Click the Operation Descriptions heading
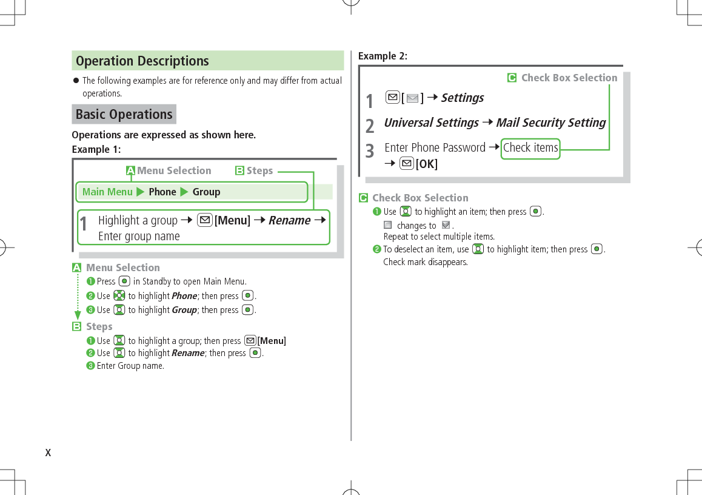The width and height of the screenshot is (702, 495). (142, 61)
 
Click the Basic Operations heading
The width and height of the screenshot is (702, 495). (124, 114)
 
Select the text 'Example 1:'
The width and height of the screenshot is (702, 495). (96, 149)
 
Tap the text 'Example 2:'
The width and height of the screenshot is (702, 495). (383, 56)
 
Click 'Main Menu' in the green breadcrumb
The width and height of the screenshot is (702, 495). (107, 192)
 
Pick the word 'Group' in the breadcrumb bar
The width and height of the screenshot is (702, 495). (206, 192)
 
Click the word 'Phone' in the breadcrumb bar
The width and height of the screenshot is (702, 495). (162, 192)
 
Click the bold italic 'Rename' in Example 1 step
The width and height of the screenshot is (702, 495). (289, 220)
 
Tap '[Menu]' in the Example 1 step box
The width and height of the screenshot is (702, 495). (232, 220)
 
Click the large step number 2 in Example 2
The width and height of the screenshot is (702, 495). (370, 125)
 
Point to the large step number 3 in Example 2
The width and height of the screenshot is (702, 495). (370, 150)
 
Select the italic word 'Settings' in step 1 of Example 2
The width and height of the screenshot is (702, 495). (462, 98)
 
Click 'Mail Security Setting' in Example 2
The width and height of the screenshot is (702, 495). (550, 123)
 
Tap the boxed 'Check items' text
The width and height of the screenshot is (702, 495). (530, 147)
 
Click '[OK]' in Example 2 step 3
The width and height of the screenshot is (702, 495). (427, 164)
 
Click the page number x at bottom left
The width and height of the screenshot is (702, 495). (48, 453)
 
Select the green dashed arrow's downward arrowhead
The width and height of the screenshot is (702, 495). (77, 315)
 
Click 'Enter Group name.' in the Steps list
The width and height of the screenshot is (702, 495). (130, 366)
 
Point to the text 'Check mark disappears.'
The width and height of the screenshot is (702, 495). (426, 262)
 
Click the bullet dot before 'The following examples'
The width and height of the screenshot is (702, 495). (76, 81)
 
